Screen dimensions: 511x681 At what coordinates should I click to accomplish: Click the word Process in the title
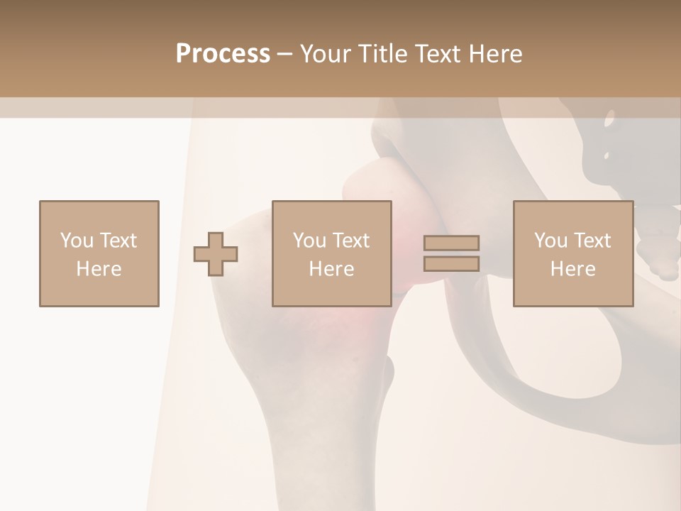(223, 54)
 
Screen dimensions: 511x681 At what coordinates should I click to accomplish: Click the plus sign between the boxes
(216, 254)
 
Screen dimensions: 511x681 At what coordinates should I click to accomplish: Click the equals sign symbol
(451, 253)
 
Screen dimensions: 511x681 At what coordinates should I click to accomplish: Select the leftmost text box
(99, 253)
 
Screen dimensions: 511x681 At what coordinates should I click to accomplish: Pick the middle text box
(331, 253)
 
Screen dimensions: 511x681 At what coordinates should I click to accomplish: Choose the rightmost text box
(572, 253)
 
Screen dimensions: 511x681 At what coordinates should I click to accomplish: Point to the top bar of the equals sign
(451, 243)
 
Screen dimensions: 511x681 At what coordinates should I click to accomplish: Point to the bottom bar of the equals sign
(451, 264)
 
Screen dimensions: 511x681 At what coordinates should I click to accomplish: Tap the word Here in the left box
(99, 269)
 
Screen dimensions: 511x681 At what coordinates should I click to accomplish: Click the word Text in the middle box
(350, 241)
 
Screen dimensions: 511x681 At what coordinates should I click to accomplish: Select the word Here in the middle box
(331, 269)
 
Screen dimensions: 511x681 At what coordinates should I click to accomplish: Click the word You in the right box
(551, 241)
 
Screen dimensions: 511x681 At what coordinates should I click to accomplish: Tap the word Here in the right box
(572, 269)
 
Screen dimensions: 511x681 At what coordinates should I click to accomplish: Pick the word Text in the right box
(592, 241)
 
